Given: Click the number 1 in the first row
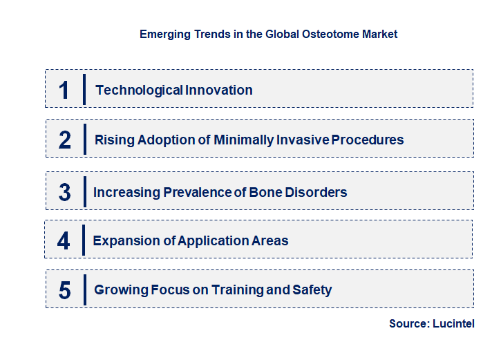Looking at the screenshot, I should (64, 90).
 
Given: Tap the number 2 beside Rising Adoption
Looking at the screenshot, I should (65, 140).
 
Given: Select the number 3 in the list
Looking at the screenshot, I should (64, 192).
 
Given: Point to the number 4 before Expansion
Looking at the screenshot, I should (64, 241).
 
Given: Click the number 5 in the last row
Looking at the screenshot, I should (64, 290).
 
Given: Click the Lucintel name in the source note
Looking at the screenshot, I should (453, 323).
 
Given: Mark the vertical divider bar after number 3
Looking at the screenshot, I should (84, 191).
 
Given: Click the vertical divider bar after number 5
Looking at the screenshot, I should (84, 290).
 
